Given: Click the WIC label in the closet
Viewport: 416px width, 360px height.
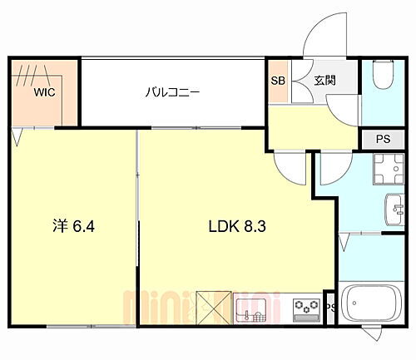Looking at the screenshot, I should tap(44, 93).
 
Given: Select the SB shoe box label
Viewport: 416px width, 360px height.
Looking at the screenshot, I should tap(278, 81).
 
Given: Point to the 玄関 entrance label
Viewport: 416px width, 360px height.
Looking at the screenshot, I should tap(324, 81).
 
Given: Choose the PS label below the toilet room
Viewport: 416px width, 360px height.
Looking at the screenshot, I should tap(383, 139).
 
